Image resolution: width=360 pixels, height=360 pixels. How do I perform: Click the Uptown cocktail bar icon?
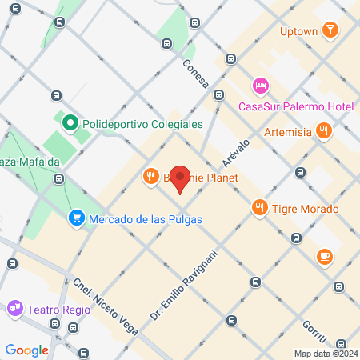click(x=329, y=30)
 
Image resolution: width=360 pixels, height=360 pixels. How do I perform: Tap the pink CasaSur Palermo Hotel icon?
click(x=261, y=86)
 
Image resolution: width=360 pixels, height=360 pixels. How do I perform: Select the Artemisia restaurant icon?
click(x=323, y=130)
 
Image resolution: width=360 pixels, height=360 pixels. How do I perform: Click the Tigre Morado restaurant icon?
click(x=259, y=209)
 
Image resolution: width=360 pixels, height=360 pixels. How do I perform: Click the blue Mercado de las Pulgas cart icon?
click(x=77, y=218)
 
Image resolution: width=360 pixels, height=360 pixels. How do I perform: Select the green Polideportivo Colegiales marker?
click(x=70, y=124)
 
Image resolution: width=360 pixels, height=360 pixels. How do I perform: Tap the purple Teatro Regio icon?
click(x=15, y=307)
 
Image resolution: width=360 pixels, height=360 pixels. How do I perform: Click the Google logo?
click(x=26, y=350)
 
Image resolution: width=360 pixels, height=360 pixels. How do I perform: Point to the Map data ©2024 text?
click(x=326, y=354)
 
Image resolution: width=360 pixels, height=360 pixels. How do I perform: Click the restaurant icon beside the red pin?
click(x=150, y=176)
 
